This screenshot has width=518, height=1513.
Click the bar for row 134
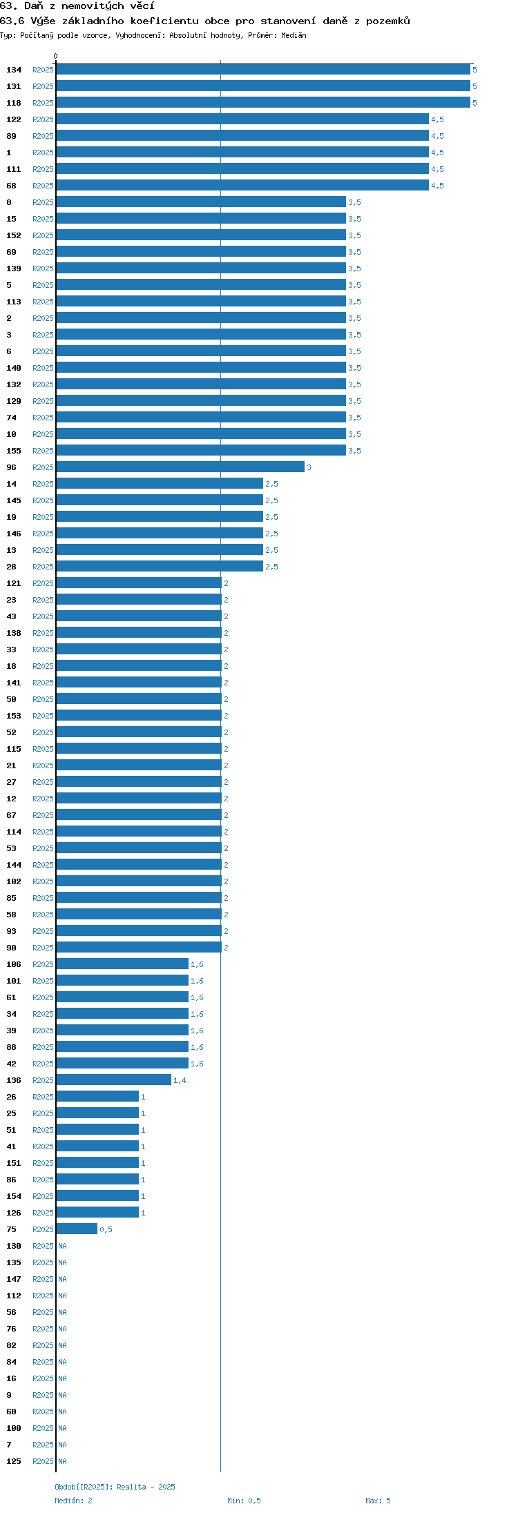tap(263, 70)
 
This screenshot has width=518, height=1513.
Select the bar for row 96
tap(180, 467)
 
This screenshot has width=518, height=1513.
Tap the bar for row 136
tap(113, 1080)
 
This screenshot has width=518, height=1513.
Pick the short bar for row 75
tap(77, 1229)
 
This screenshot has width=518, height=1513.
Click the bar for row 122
tap(242, 119)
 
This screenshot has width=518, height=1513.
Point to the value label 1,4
tap(180, 1080)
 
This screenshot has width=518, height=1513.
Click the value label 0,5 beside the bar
tap(106, 1229)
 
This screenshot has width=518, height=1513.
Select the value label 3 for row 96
tap(309, 467)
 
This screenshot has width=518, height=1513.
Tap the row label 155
tap(14, 451)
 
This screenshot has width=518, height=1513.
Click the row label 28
tap(11, 567)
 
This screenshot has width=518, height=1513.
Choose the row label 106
tap(14, 964)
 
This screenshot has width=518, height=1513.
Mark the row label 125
tap(14, 1461)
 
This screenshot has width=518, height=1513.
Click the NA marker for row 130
tap(62, 1246)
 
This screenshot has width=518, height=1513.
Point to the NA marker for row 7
tap(62, 1445)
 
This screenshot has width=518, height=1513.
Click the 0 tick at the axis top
tap(56, 56)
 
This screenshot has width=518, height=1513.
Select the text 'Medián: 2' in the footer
tap(73, 1501)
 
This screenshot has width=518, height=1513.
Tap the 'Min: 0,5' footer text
tap(244, 1501)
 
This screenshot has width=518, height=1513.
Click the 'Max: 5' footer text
tap(378, 1501)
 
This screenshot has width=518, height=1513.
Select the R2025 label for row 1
tap(43, 153)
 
